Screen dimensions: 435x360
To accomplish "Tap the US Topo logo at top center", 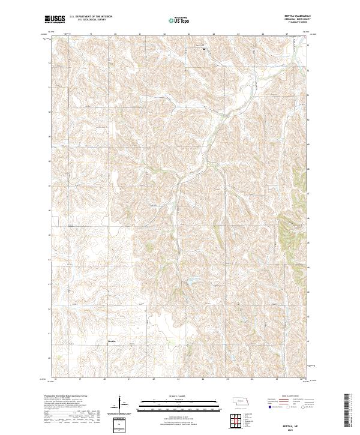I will point(179,20).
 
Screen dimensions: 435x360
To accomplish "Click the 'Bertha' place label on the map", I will point(112,342).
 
